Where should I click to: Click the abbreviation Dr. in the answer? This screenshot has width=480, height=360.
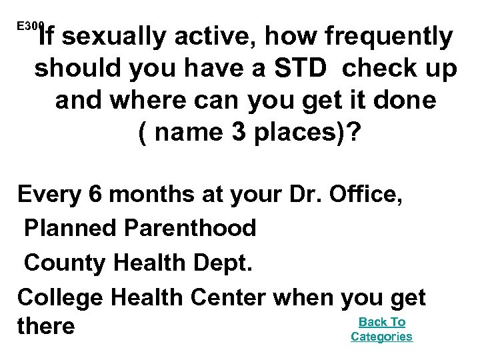point(318,197)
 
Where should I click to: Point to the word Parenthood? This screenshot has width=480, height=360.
point(192,229)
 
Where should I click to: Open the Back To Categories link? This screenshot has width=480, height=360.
point(381,329)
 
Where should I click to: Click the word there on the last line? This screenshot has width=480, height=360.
point(47,327)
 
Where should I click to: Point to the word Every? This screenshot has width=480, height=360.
point(47,197)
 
